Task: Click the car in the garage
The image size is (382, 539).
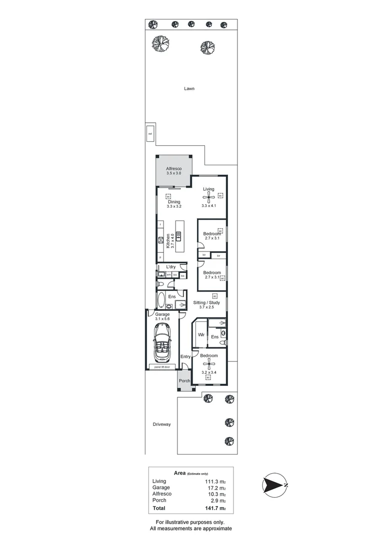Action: [163, 343]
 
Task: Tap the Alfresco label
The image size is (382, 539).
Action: [174, 169]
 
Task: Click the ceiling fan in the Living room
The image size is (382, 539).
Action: [208, 196]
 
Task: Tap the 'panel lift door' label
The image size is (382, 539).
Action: [163, 367]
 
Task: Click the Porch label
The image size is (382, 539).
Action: [184, 381]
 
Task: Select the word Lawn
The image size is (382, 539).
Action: [188, 88]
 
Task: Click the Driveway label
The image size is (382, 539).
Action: [162, 424]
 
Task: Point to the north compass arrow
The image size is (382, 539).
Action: [274, 485]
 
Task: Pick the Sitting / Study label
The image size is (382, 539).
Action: [206, 302]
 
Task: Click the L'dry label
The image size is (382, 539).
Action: [171, 267]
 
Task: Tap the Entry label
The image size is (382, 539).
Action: [185, 356]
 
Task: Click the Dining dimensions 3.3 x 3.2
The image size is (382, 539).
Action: [174, 207]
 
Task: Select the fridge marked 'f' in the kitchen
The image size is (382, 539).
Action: [160, 225]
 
